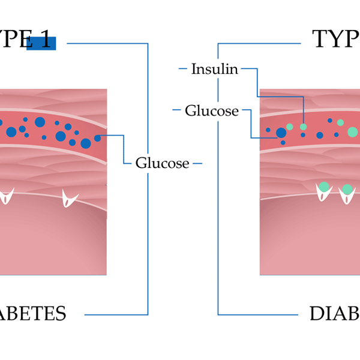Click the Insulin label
215,69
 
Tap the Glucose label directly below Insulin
211,110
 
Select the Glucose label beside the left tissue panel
162,163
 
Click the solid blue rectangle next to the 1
41,43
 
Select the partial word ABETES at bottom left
33,313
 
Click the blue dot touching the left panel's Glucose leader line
97,138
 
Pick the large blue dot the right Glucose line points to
281,133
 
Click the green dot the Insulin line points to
303,127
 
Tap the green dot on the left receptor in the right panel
324,187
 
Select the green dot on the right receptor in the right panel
346,190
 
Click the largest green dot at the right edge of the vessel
352,132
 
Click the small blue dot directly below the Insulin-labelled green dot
303,135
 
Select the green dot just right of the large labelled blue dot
290,127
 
